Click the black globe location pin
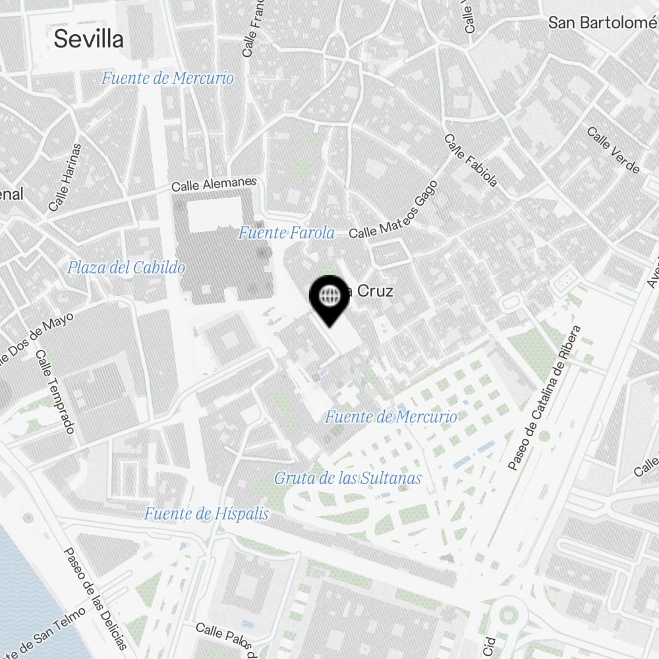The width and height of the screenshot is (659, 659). [x=328, y=297]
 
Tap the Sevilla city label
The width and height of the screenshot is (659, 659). [x=88, y=39]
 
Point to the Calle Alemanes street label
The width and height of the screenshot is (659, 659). [x=214, y=184]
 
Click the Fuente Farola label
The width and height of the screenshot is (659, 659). [x=287, y=233]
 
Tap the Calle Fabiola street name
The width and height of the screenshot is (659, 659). [x=471, y=161]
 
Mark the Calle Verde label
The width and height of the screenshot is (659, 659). [x=613, y=150]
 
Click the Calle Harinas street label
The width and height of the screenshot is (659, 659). [x=65, y=178]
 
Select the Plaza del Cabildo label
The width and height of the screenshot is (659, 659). [x=126, y=268]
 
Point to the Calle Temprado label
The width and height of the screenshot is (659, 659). [x=55, y=391]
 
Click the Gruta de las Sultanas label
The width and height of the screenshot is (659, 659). [x=347, y=478]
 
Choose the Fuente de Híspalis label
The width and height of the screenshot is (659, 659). [x=206, y=514]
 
